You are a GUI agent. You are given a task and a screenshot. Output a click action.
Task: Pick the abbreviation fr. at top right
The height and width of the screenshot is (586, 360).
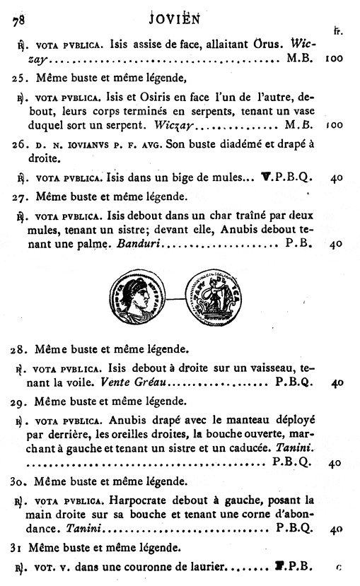(338, 31)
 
